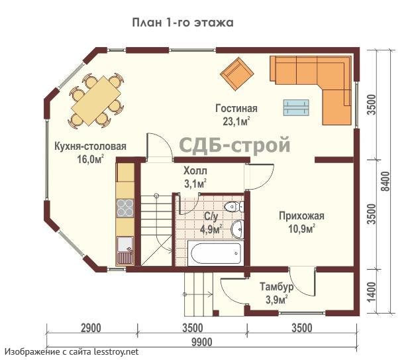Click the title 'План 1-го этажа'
(x=183, y=23)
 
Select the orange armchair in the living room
(x=236, y=74)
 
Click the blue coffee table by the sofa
(x=295, y=106)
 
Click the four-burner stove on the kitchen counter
(x=125, y=208)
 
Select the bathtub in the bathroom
(x=215, y=253)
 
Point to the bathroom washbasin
(x=236, y=229)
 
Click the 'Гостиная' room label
(x=236, y=108)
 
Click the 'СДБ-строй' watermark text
(x=235, y=145)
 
